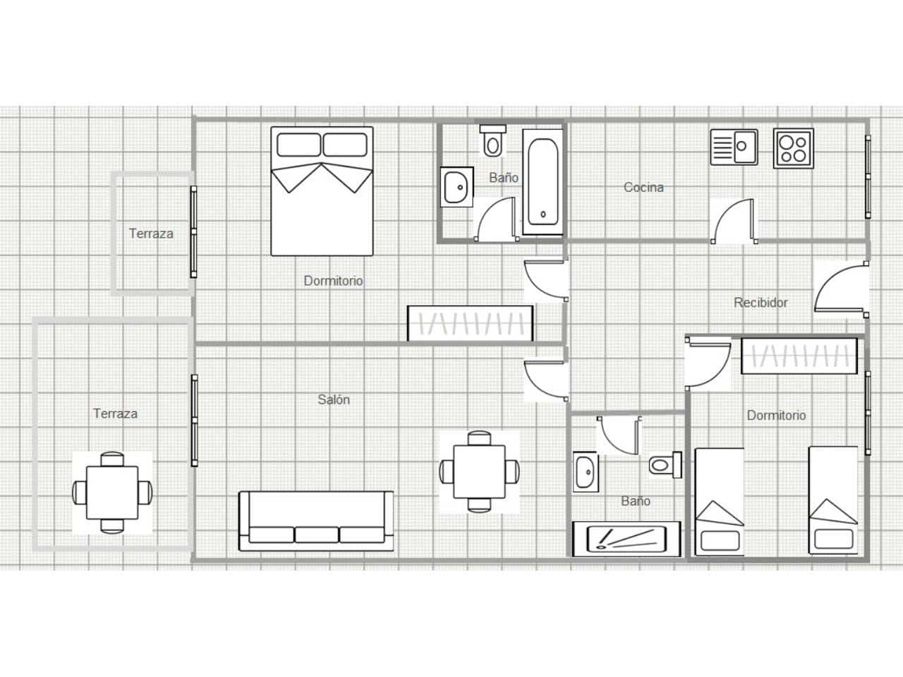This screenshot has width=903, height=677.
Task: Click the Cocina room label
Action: click(643, 188)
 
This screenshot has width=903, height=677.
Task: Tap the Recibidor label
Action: click(760, 303)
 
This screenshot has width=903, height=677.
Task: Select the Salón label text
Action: click(334, 400)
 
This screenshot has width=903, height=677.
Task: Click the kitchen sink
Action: click(734, 147)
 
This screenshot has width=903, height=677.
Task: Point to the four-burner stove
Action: click(794, 148)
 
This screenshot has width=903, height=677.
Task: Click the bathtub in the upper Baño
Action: click(543, 182)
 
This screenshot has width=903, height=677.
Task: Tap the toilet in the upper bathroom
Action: click(493, 141)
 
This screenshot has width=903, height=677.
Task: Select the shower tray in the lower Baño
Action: click(626, 539)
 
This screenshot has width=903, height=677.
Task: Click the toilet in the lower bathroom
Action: click(665, 465)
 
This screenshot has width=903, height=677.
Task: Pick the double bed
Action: click(322, 191)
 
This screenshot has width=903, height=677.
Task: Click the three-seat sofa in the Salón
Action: click(316, 521)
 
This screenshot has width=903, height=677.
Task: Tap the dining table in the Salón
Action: click(479, 472)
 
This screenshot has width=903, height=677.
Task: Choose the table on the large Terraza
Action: click(112, 493)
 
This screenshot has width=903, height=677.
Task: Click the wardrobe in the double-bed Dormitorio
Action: click(471, 323)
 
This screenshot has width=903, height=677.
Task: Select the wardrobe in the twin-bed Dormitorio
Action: click(799, 356)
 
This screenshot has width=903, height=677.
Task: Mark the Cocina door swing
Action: click(734, 221)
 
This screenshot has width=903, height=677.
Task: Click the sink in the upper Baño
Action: click(456, 187)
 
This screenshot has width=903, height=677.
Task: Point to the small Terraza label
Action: click(151, 233)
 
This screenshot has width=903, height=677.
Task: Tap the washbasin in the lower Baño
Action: click(586, 472)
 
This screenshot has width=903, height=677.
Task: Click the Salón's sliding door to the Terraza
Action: click(194, 420)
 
